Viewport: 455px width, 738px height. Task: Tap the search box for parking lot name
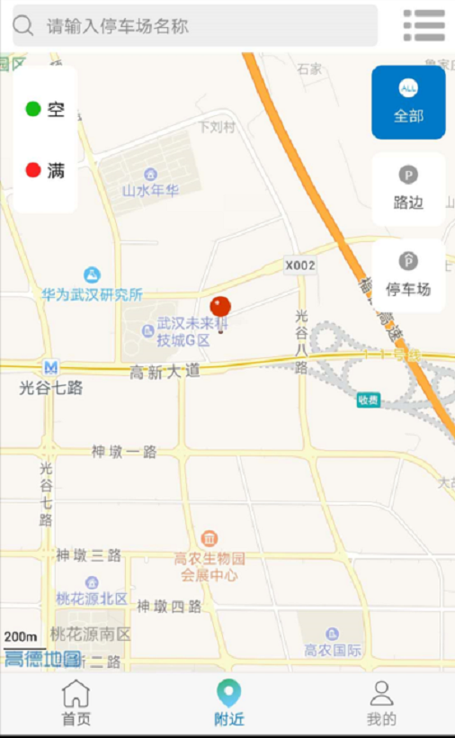(x=194, y=26)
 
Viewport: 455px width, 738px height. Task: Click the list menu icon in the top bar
(x=424, y=25)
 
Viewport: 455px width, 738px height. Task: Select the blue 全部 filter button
(x=408, y=102)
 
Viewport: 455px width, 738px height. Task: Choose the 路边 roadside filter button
(x=408, y=189)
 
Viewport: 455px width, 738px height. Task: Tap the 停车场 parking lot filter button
(x=408, y=274)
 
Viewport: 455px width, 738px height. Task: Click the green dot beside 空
(x=33, y=109)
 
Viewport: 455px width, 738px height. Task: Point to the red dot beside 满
(x=33, y=170)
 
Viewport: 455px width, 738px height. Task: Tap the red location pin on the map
(x=220, y=309)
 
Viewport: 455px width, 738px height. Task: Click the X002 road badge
(x=300, y=265)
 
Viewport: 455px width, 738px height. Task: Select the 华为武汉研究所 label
(x=92, y=294)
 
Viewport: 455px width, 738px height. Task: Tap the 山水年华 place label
(x=150, y=190)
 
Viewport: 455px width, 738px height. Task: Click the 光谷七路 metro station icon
(x=51, y=367)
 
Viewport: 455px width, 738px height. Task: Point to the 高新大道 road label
(x=165, y=372)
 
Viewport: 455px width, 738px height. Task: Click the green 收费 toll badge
(x=368, y=400)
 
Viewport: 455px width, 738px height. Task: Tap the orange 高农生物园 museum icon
(x=209, y=539)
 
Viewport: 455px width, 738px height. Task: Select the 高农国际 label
(x=333, y=650)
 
